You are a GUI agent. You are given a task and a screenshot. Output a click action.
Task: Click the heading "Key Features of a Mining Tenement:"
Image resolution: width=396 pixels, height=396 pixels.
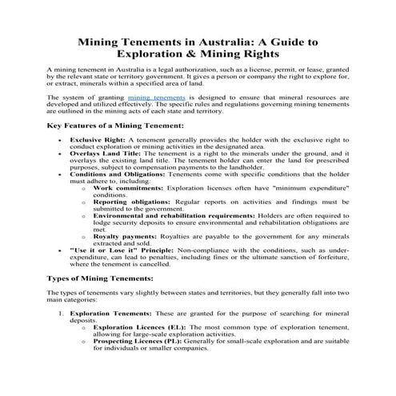click(115, 126)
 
